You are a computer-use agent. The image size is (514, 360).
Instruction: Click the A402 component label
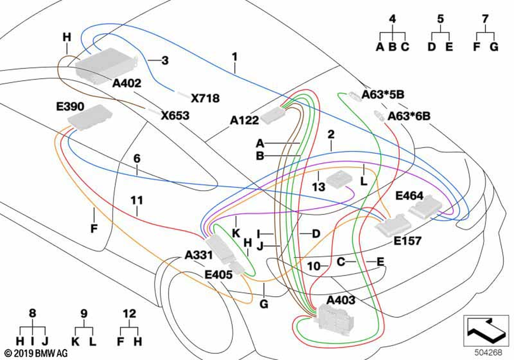[127, 82]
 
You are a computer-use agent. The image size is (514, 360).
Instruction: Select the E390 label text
[70, 106]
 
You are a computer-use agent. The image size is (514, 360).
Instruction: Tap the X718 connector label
[205, 98]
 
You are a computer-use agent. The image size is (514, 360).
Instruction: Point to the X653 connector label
[175, 116]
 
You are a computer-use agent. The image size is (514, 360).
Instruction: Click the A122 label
[244, 121]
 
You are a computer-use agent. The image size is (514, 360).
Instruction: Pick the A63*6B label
[409, 116]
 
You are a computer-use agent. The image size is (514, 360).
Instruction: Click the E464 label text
[409, 196]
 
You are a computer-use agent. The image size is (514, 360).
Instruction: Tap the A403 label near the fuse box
[341, 299]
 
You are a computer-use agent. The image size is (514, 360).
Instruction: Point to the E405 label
[218, 275]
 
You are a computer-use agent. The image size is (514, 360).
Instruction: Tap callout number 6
[137, 159]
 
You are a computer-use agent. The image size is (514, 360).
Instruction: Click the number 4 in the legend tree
[392, 19]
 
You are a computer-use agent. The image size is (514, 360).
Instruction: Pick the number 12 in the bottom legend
[129, 313]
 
